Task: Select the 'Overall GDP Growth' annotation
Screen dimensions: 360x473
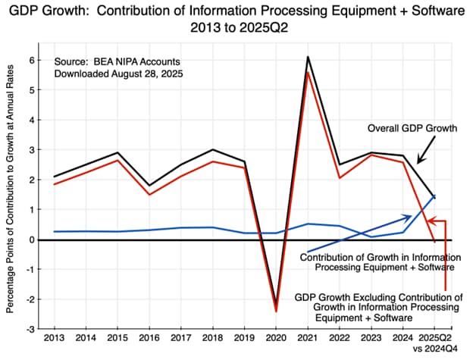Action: pos(412,128)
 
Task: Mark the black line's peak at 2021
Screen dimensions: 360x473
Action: pos(307,57)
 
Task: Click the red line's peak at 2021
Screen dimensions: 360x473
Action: pos(307,72)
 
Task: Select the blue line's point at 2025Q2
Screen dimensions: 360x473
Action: pos(434,196)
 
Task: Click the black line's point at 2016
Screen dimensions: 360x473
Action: pos(149,186)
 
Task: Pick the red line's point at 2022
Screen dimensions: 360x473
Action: pos(339,178)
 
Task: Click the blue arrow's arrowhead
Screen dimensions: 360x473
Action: pos(409,217)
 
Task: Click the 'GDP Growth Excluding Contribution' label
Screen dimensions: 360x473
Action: pos(377,298)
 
